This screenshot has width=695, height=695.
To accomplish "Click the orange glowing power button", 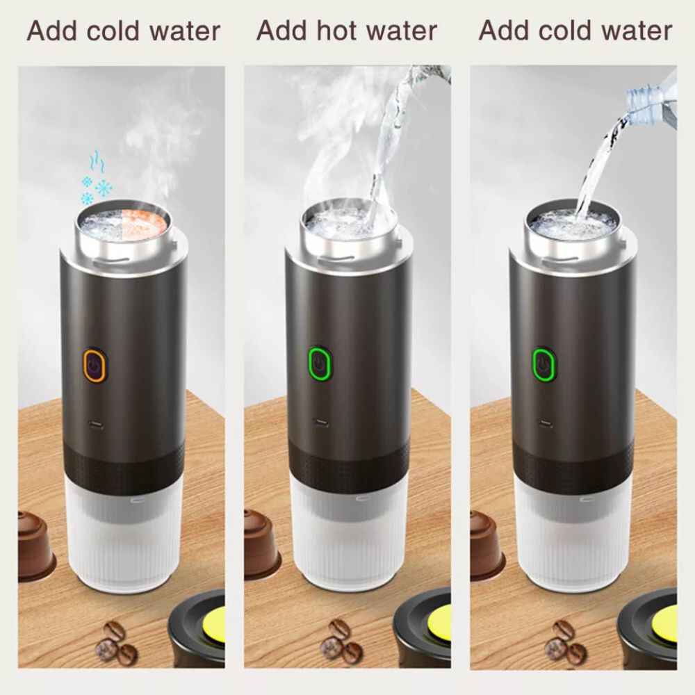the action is click(x=94, y=366).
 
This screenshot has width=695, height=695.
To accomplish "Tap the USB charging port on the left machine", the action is click(x=96, y=427).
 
